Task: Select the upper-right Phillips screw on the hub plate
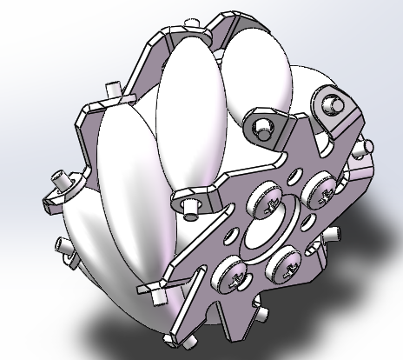(x=317, y=187)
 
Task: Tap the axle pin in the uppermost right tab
(x=330, y=105)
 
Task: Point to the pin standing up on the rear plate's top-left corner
(x=112, y=90)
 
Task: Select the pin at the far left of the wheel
(x=62, y=181)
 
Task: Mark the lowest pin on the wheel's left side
(x=65, y=248)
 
